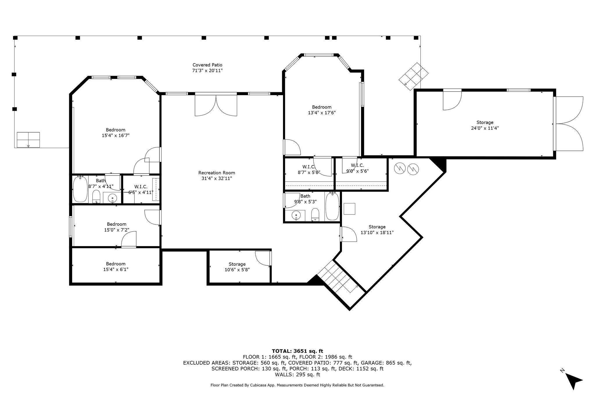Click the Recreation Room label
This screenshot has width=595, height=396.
click(x=216, y=173)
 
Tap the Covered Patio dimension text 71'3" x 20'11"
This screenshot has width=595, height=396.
click(x=207, y=70)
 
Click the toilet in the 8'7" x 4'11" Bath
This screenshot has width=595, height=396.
click(x=96, y=197)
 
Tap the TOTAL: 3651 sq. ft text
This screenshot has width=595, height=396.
click(x=297, y=351)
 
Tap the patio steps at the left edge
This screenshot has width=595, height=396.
click(x=28, y=140)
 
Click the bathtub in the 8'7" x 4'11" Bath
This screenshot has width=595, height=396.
click(x=80, y=189)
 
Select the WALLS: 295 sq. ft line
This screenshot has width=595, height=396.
click(x=297, y=375)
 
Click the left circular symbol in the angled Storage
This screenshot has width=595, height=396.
click(x=400, y=169)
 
